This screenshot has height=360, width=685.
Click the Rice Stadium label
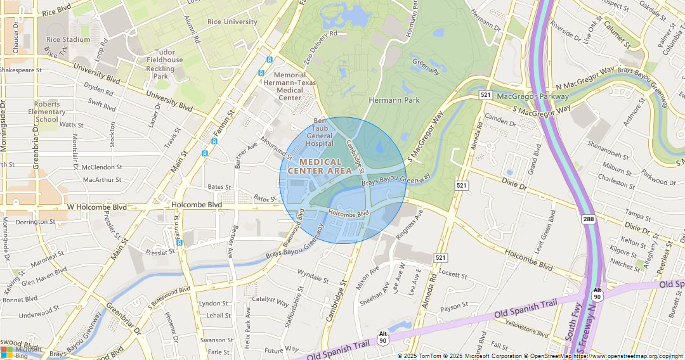pos(68,39)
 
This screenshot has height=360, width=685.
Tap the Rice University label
pos(232,22)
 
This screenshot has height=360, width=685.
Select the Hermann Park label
pos(395,100)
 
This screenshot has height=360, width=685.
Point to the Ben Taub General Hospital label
pos(320,132)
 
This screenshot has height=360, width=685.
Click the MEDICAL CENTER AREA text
pos(320,167)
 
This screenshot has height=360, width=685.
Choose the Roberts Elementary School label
pos(47,112)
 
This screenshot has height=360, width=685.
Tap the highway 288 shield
pos(589,219)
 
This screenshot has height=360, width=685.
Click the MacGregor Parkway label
pos(533,96)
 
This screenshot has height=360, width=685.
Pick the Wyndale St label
pos(313,276)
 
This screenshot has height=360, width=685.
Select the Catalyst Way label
pos(270,300)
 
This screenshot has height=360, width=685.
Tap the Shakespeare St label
pos(21,70)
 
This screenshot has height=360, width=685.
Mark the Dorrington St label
pos(36,222)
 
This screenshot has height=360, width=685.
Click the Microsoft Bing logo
pos(19,352)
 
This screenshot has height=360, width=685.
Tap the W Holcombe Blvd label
pos(96,207)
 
